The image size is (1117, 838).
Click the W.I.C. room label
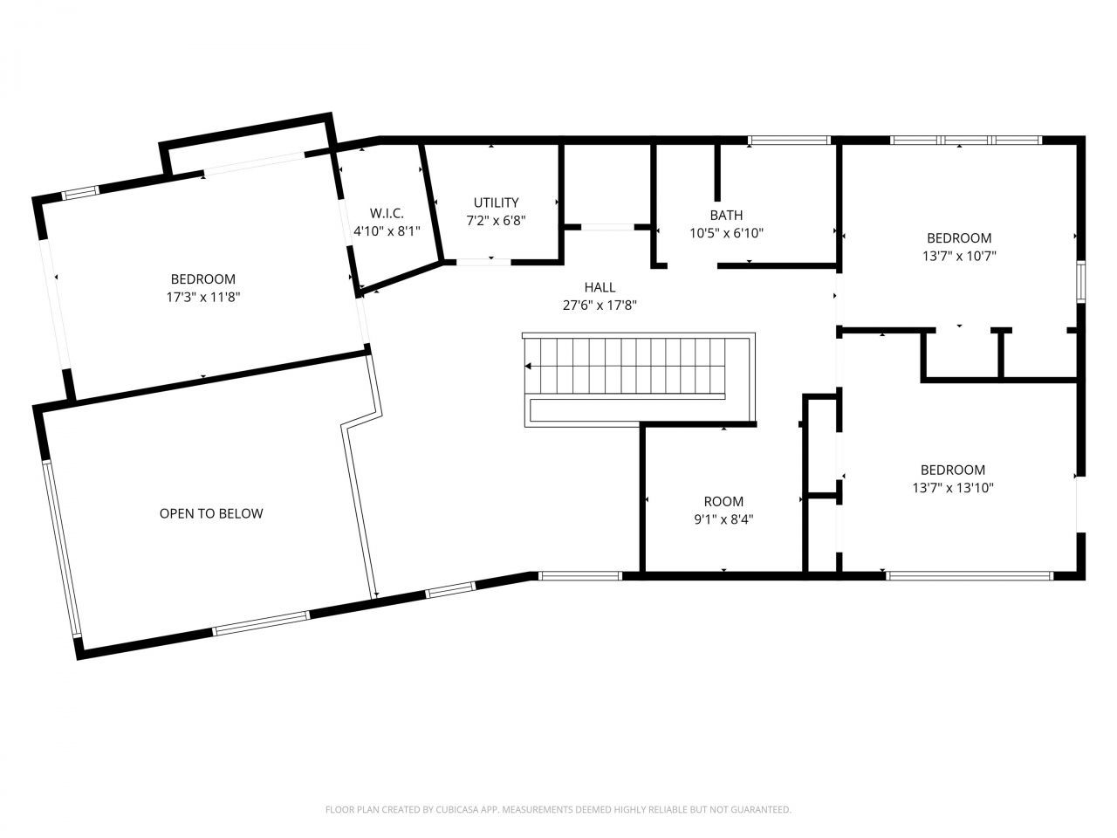[x=387, y=213]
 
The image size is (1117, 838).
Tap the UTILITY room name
[x=497, y=203]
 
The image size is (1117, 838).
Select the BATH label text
[x=726, y=216]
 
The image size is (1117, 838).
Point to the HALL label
[x=600, y=287]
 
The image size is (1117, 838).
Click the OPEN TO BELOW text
[x=211, y=514]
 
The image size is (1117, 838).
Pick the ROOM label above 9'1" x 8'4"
[x=723, y=502]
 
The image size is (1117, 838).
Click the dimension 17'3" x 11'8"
[x=203, y=297]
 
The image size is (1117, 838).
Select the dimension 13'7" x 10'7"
[x=959, y=256]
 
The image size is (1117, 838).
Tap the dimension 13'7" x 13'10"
[x=953, y=488]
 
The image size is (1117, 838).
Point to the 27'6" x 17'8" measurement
[x=600, y=306]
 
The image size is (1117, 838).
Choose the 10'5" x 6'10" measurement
[x=727, y=234]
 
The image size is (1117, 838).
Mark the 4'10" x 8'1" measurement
[x=387, y=231]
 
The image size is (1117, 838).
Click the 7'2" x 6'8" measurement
[x=497, y=221]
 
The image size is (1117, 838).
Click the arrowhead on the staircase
[x=528, y=366]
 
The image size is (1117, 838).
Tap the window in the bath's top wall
[x=789, y=140]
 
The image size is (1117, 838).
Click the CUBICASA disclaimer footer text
[x=558, y=809]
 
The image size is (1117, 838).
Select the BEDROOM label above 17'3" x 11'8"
[x=203, y=279]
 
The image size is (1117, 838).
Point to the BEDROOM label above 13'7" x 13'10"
[x=953, y=471]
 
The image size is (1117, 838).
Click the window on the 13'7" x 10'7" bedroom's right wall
[x=1081, y=281]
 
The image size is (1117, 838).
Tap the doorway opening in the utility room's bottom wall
[x=483, y=262]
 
